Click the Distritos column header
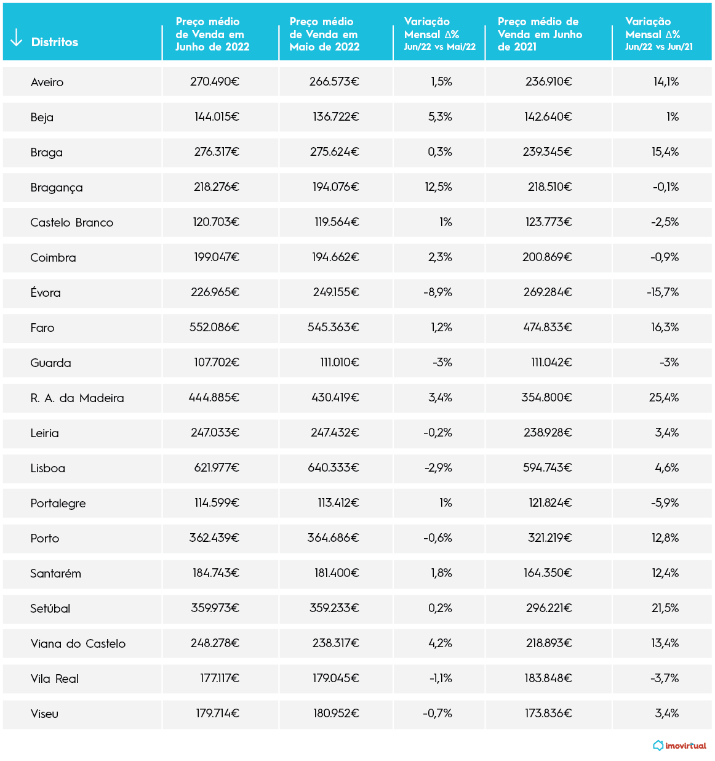point(55,42)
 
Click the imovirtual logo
point(680,746)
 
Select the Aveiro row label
point(47,82)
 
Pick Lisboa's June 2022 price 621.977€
point(217,468)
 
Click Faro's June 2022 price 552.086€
point(214,328)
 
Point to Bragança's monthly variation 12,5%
point(438,187)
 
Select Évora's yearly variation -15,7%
point(663,292)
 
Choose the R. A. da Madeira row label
point(77,398)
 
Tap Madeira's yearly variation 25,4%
point(664,398)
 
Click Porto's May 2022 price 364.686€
point(333,538)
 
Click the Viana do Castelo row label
point(78,643)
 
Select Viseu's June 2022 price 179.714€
point(217,714)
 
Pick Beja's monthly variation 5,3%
point(440,117)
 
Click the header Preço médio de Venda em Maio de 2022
point(324,34)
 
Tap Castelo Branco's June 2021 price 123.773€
point(548,222)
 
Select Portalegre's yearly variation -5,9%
point(665,503)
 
